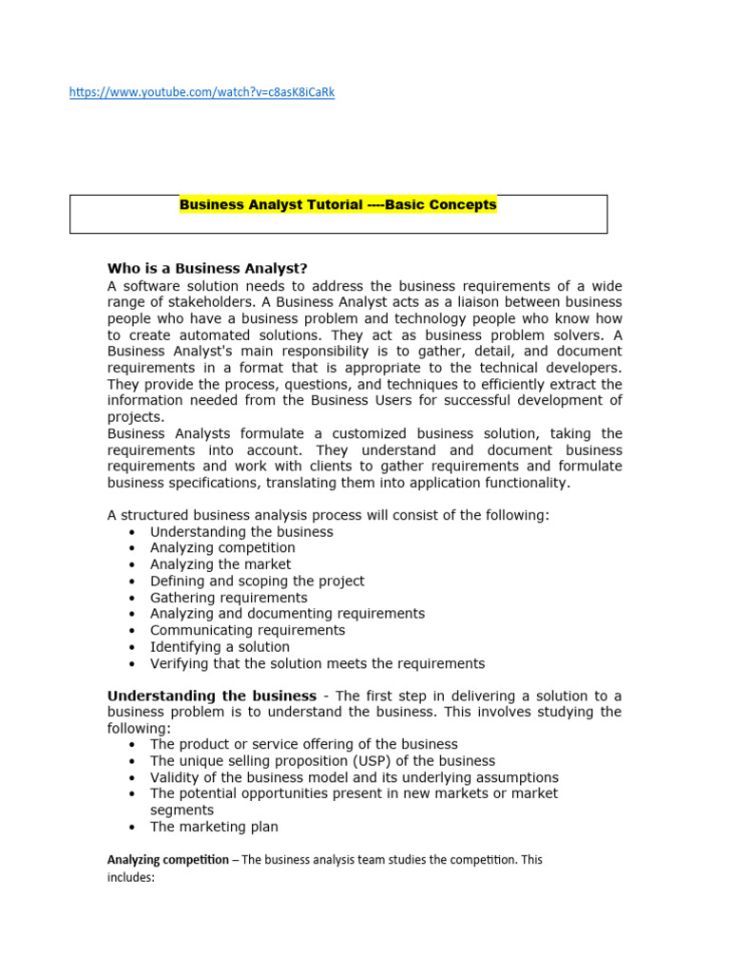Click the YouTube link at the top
tap(202, 92)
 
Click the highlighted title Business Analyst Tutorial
tap(337, 204)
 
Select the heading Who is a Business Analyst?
tap(207, 268)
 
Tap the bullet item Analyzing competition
tap(222, 548)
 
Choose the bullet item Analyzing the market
tap(221, 564)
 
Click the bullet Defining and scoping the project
tap(257, 581)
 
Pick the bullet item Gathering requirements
tap(228, 598)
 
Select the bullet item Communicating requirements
tap(247, 630)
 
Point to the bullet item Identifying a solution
tap(220, 647)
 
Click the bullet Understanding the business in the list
tap(241, 532)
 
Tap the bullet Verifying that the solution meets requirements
tap(317, 663)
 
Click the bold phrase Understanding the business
tap(211, 696)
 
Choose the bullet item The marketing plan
tap(214, 827)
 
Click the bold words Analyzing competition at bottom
tap(167, 860)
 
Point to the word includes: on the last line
tap(130, 878)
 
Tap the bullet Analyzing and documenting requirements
tap(287, 614)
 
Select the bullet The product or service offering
tap(303, 744)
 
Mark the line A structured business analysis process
tap(328, 515)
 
